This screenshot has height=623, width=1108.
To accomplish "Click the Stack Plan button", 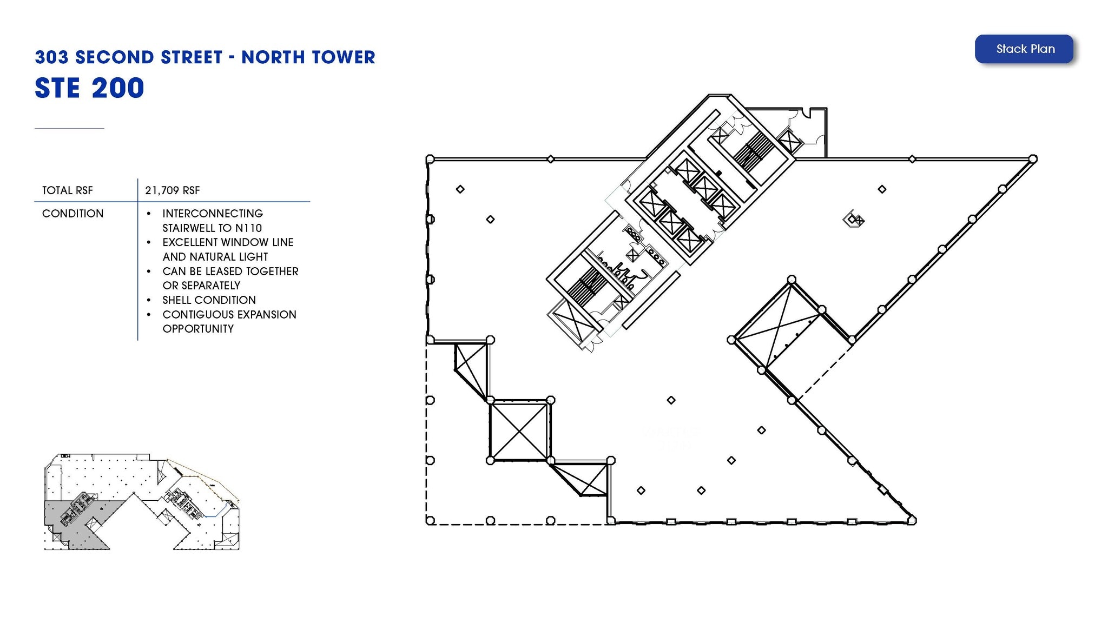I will click(x=1024, y=49).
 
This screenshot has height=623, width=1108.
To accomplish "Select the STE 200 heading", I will click(x=89, y=88).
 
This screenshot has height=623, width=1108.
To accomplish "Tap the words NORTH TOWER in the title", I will click(x=308, y=57).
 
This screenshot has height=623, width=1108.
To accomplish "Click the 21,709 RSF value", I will click(x=173, y=190).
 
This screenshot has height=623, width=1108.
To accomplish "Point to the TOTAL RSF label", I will click(x=68, y=190).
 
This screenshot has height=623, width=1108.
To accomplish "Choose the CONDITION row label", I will click(x=73, y=214).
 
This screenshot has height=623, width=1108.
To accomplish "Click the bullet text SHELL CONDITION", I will click(x=209, y=300).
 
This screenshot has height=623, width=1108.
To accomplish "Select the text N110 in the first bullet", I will click(x=248, y=228).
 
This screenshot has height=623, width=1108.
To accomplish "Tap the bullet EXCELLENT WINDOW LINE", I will click(x=228, y=242).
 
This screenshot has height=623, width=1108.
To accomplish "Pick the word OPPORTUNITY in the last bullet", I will click(x=198, y=329).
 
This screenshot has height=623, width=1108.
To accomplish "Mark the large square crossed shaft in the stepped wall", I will click(x=519, y=430).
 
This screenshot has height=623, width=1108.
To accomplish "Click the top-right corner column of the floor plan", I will click(x=1033, y=159).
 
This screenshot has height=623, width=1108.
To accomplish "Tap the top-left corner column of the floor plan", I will click(x=430, y=159).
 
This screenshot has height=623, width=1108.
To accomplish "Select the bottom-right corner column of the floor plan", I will click(x=912, y=520).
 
